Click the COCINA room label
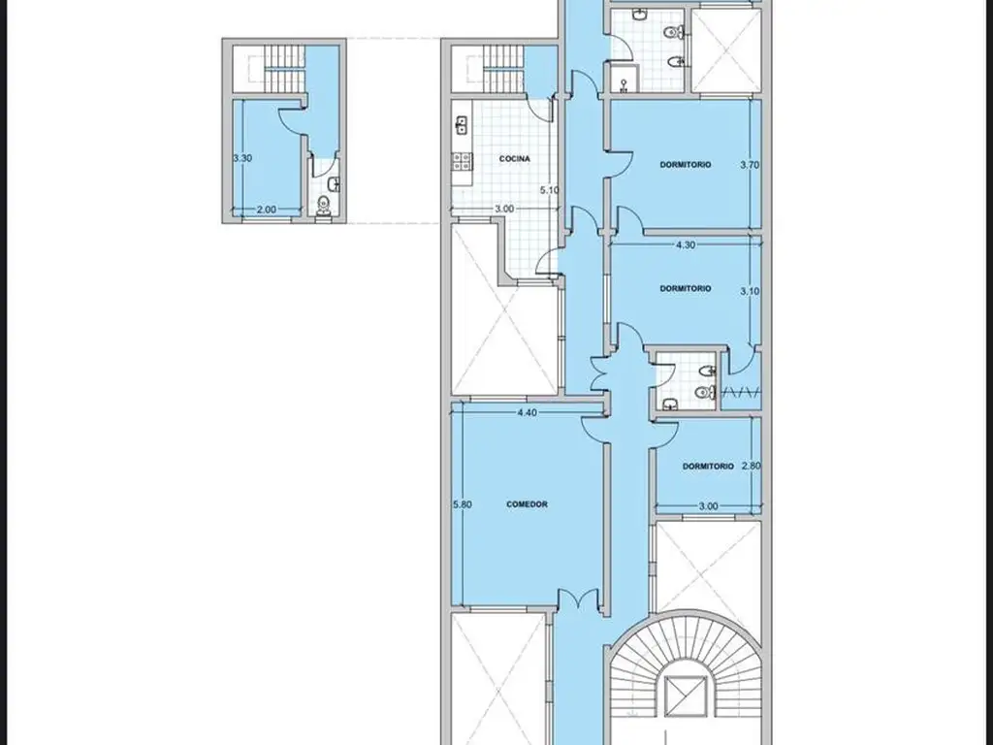514,159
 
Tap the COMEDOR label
527,504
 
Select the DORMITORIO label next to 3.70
686,165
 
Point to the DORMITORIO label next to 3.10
686,288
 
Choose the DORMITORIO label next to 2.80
708,467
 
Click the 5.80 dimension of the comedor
463,504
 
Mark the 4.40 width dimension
527,412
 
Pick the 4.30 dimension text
686,244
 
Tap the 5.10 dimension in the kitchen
549,189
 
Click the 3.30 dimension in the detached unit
242,158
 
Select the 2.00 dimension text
266,210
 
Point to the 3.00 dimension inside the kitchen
504,209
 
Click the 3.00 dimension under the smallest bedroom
708,506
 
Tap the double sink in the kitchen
461,125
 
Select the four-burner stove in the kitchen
461,162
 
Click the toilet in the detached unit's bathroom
324,208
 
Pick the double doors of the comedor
578,599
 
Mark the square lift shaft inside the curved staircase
686,696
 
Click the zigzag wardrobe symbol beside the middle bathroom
741,393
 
